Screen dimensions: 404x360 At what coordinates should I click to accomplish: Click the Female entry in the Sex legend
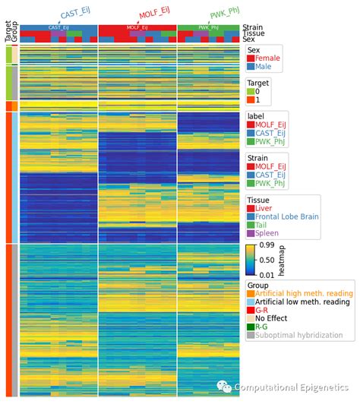[267, 58]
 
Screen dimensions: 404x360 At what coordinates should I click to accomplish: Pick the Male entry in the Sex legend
[264, 67]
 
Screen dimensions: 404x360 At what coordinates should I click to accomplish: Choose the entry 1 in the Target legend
[257, 100]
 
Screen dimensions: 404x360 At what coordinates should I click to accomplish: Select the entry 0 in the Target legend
[257, 91]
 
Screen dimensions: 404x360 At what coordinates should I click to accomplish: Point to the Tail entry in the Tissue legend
[262, 226]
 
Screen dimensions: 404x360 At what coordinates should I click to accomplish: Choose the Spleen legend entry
[267, 235]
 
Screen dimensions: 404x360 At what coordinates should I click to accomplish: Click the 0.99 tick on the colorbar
[266, 246]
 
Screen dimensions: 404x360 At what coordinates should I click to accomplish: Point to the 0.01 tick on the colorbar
[266, 273]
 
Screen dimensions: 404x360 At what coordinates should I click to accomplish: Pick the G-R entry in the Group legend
[262, 310]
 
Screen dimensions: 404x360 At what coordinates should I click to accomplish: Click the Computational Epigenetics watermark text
[292, 388]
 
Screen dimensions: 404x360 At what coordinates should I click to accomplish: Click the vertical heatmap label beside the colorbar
[281, 260]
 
